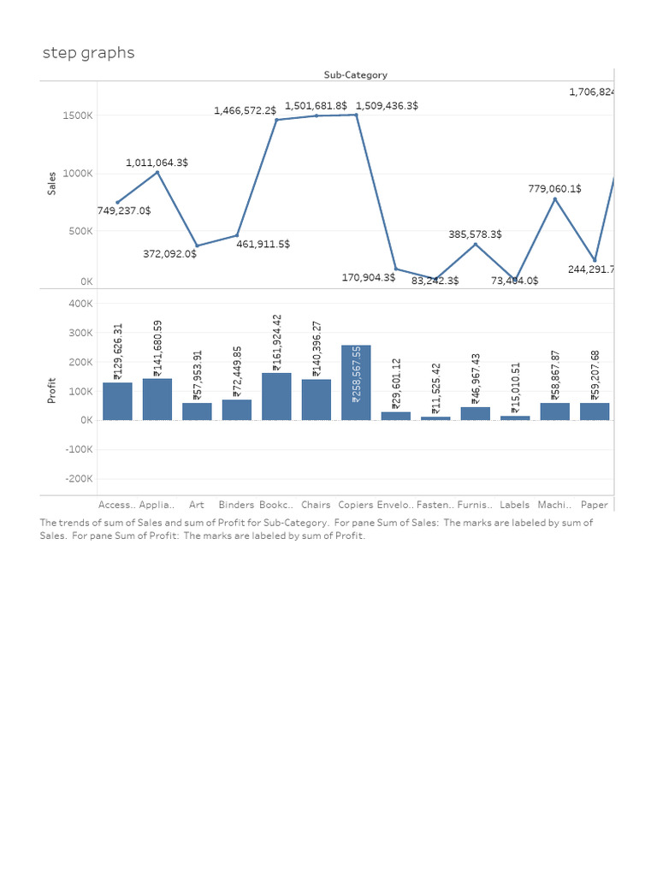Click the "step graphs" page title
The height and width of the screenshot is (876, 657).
coord(89,53)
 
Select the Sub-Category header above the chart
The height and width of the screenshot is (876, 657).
coord(355,74)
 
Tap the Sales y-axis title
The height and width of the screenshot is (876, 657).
coord(52,183)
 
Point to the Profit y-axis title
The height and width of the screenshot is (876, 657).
coord(52,391)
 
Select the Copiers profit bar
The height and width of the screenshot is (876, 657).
coord(356,382)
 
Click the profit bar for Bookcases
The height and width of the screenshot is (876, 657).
coord(276,396)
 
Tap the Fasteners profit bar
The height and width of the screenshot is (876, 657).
coord(435,417)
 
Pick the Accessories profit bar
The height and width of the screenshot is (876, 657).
coord(117,401)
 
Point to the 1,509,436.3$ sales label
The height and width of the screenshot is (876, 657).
coord(387,105)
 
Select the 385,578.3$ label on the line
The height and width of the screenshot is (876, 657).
coord(475,234)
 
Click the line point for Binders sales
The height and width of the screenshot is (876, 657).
coord(237,235)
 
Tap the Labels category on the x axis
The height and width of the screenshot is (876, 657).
coord(515,505)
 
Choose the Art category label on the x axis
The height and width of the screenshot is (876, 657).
coord(197,505)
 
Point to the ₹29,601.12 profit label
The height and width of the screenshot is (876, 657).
coord(395,384)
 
